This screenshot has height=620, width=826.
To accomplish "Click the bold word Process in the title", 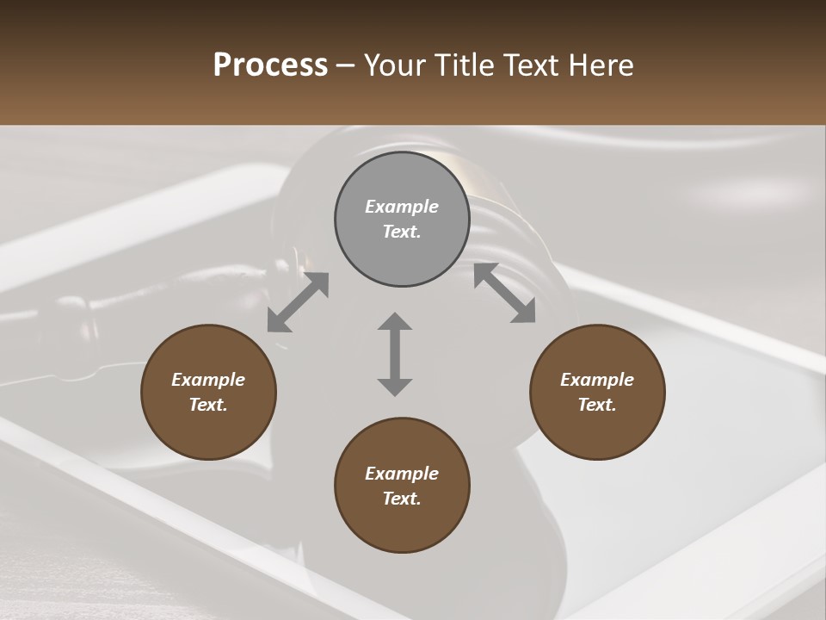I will coord(270,65).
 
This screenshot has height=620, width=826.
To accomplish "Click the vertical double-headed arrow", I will coord(395,354).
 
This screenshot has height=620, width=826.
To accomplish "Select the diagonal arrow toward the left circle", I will coord(298,302).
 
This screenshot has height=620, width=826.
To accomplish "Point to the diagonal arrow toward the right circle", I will coord(504,293).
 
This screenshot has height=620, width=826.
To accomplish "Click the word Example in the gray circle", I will coord(402,207).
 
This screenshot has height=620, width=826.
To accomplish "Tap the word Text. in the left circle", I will coord(208,405).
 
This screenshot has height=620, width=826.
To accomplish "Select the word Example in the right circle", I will coord(597,380).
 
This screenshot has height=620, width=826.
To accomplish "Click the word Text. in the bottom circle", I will coord(402,499).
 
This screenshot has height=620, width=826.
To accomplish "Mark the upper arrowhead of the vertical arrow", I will coord(395,322).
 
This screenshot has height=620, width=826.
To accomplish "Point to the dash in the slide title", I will coord(346,65).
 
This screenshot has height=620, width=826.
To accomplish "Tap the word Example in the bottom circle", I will coord(402,474).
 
